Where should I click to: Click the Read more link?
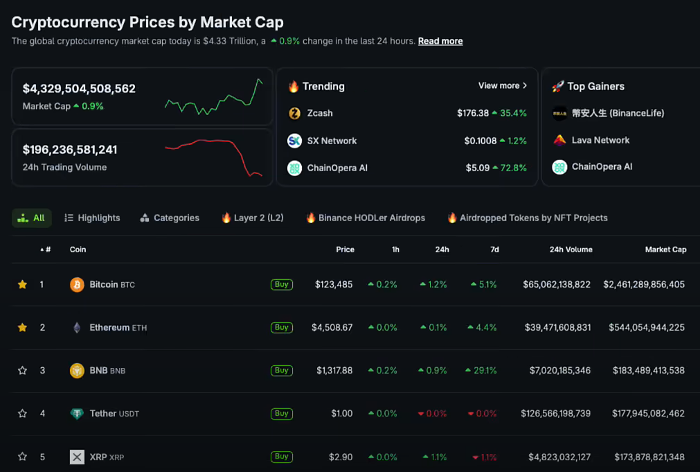[440, 41]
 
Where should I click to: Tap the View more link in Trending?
[502, 86]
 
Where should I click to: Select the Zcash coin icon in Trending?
[295, 113]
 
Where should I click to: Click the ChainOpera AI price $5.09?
[477, 168]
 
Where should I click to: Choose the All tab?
[32, 218]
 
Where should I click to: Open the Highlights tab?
[92, 218]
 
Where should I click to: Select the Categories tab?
[170, 218]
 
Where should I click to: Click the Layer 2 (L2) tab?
[253, 218]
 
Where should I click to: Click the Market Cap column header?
[665, 250]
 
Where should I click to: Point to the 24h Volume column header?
[571, 250]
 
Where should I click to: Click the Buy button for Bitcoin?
[281, 284]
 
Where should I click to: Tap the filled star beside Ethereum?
[22, 327]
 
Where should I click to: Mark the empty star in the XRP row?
[22, 457]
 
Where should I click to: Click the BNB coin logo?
[77, 370]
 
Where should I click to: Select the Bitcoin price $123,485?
[334, 284]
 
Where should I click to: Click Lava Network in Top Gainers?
[600, 140]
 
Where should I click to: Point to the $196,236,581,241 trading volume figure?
[70, 150]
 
